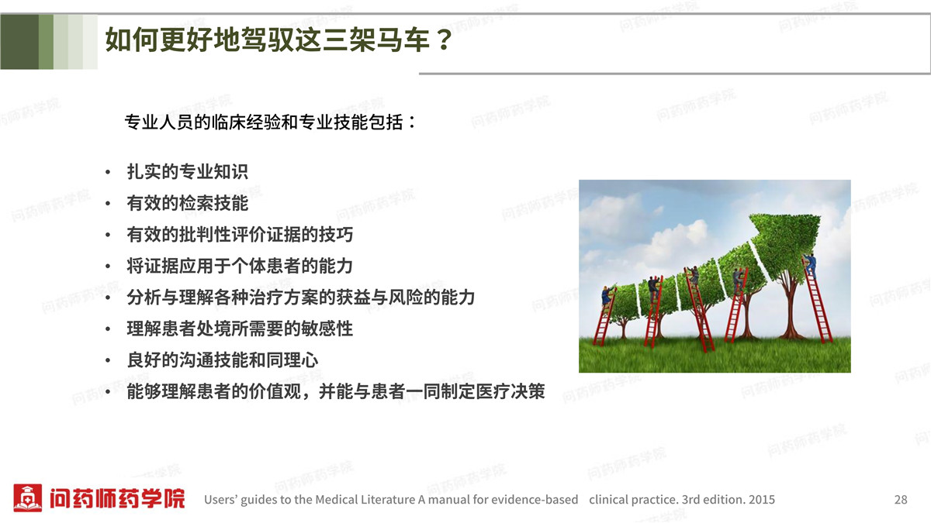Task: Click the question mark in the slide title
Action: (444, 40)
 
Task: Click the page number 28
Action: (901, 499)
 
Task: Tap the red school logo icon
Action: (27, 497)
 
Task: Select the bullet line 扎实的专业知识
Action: (188, 172)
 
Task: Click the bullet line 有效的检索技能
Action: (188, 203)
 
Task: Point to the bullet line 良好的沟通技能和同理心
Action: (223, 360)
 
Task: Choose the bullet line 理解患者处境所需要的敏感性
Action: (240, 329)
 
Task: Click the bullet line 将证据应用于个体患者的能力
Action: (240, 266)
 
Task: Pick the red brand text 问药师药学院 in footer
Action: (117, 498)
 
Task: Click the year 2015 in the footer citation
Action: (761, 499)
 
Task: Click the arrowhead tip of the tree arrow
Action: (819, 216)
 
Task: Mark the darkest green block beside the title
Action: (19, 42)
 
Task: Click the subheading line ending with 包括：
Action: (270, 122)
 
